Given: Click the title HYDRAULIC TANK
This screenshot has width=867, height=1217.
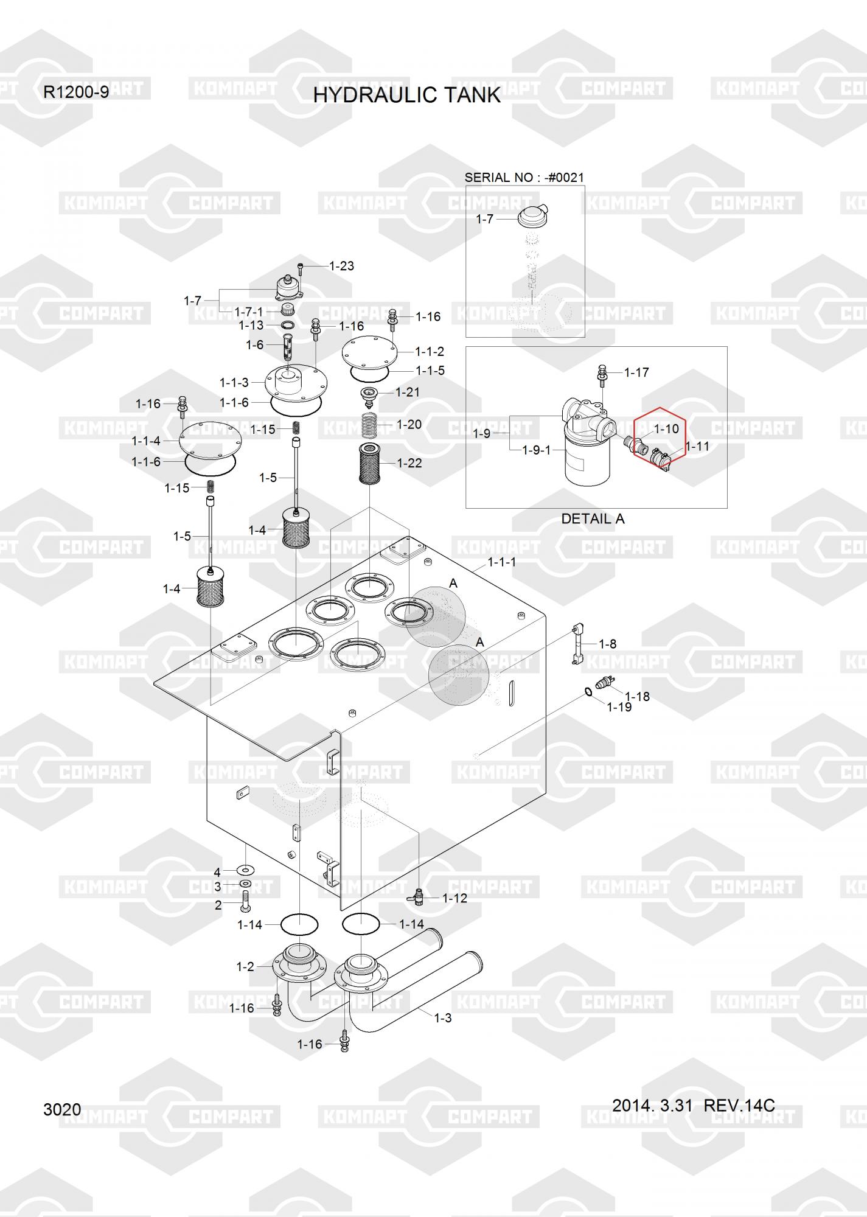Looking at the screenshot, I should [x=406, y=96].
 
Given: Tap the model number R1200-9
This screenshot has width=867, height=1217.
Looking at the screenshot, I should [x=76, y=92].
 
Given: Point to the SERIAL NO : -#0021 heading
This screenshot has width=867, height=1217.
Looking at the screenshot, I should [x=524, y=178].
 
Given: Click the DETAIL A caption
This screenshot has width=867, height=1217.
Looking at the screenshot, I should [x=592, y=519].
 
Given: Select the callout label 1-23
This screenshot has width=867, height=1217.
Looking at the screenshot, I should [x=341, y=266].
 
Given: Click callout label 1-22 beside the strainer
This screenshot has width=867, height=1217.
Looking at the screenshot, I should [x=409, y=464].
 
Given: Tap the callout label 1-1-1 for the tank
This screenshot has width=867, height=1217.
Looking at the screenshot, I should [x=501, y=562].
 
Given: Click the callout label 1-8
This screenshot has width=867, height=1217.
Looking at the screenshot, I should [x=607, y=644].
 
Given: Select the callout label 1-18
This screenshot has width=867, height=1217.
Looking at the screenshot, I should [x=637, y=697].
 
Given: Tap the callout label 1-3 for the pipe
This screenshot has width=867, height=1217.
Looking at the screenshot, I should [x=443, y=1017].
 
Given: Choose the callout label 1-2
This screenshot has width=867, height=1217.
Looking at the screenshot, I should [x=245, y=966].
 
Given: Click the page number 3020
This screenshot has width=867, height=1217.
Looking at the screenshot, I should [x=62, y=1110].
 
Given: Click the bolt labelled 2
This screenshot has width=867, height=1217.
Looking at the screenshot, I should [x=245, y=901].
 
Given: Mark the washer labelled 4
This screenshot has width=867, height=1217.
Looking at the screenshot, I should [x=246, y=870].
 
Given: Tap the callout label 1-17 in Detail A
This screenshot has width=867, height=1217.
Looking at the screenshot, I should [x=636, y=372].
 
